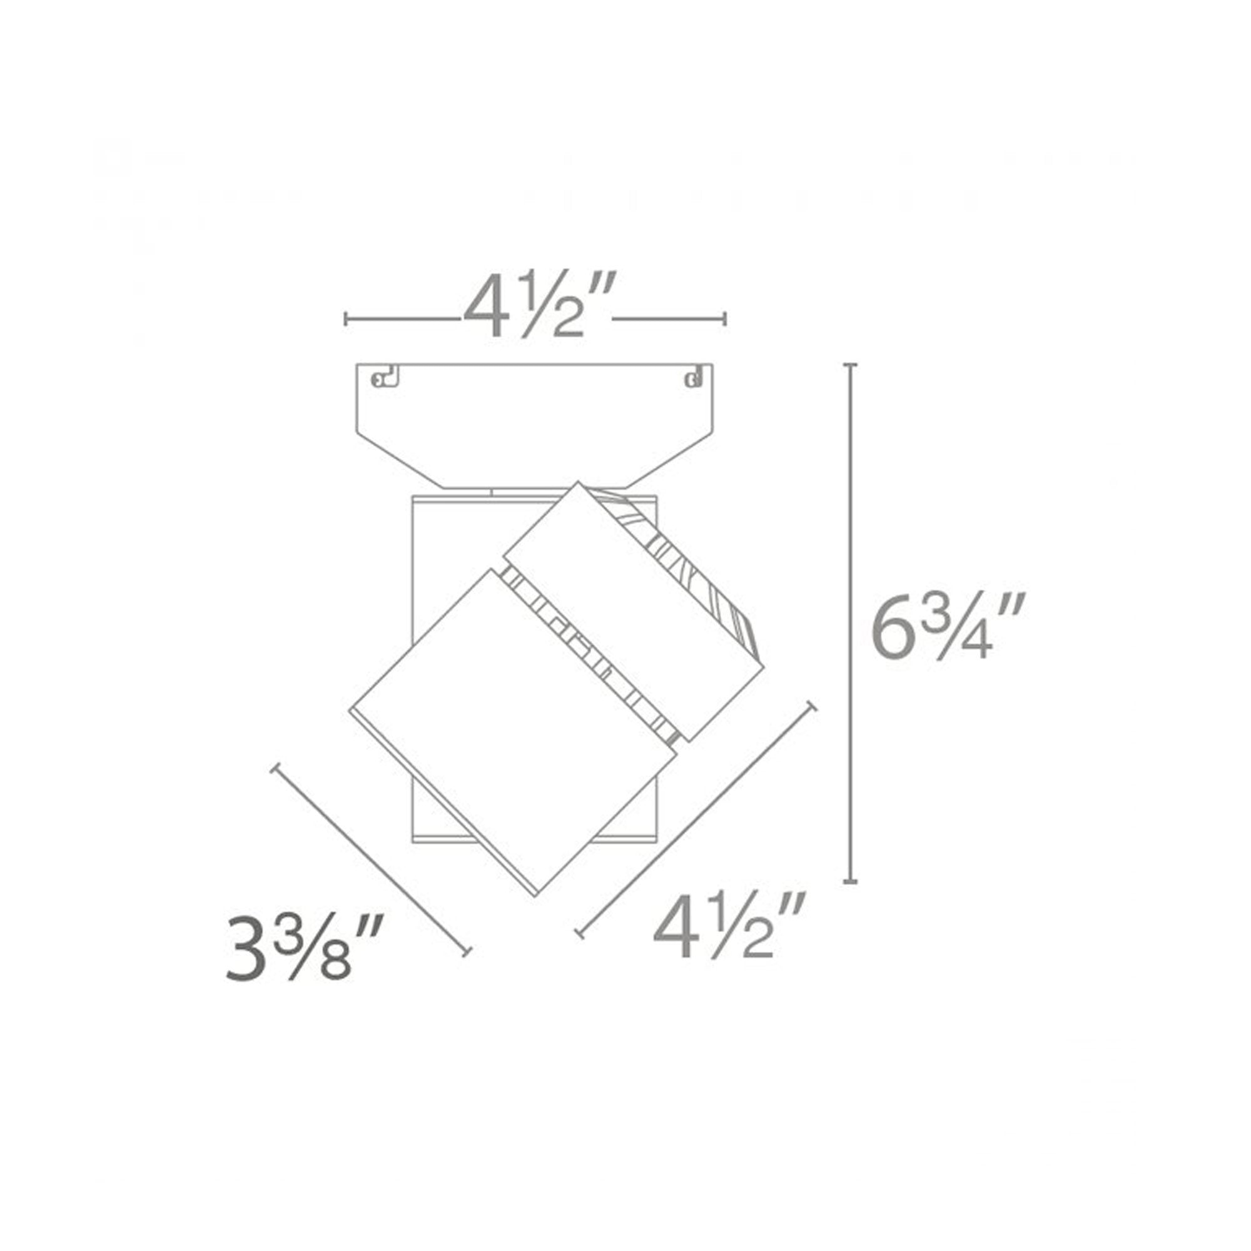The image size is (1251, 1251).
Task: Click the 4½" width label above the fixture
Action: pyautogui.click(x=536, y=305)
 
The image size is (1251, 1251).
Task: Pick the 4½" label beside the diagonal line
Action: pyautogui.click(x=729, y=927)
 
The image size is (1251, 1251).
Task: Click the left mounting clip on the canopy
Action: pyautogui.click(x=386, y=378)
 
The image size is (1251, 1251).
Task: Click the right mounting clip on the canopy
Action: pyautogui.click(x=694, y=378)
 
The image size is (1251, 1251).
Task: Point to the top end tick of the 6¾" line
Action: pyautogui.click(x=851, y=366)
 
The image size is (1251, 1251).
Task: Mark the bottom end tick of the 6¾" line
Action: pyautogui.click(x=851, y=881)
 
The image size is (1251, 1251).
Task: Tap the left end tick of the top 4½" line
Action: pyautogui.click(x=347, y=318)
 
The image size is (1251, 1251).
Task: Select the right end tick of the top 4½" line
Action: pyautogui.click(x=724, y=318)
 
